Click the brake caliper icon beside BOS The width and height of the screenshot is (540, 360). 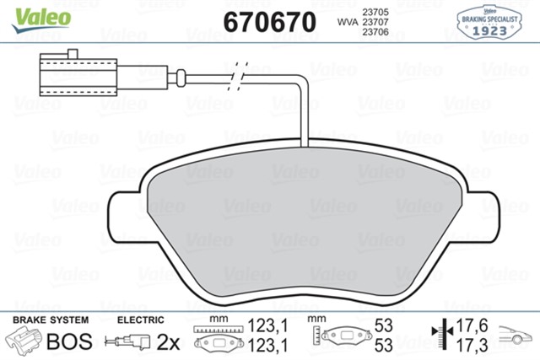pos(26,341)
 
